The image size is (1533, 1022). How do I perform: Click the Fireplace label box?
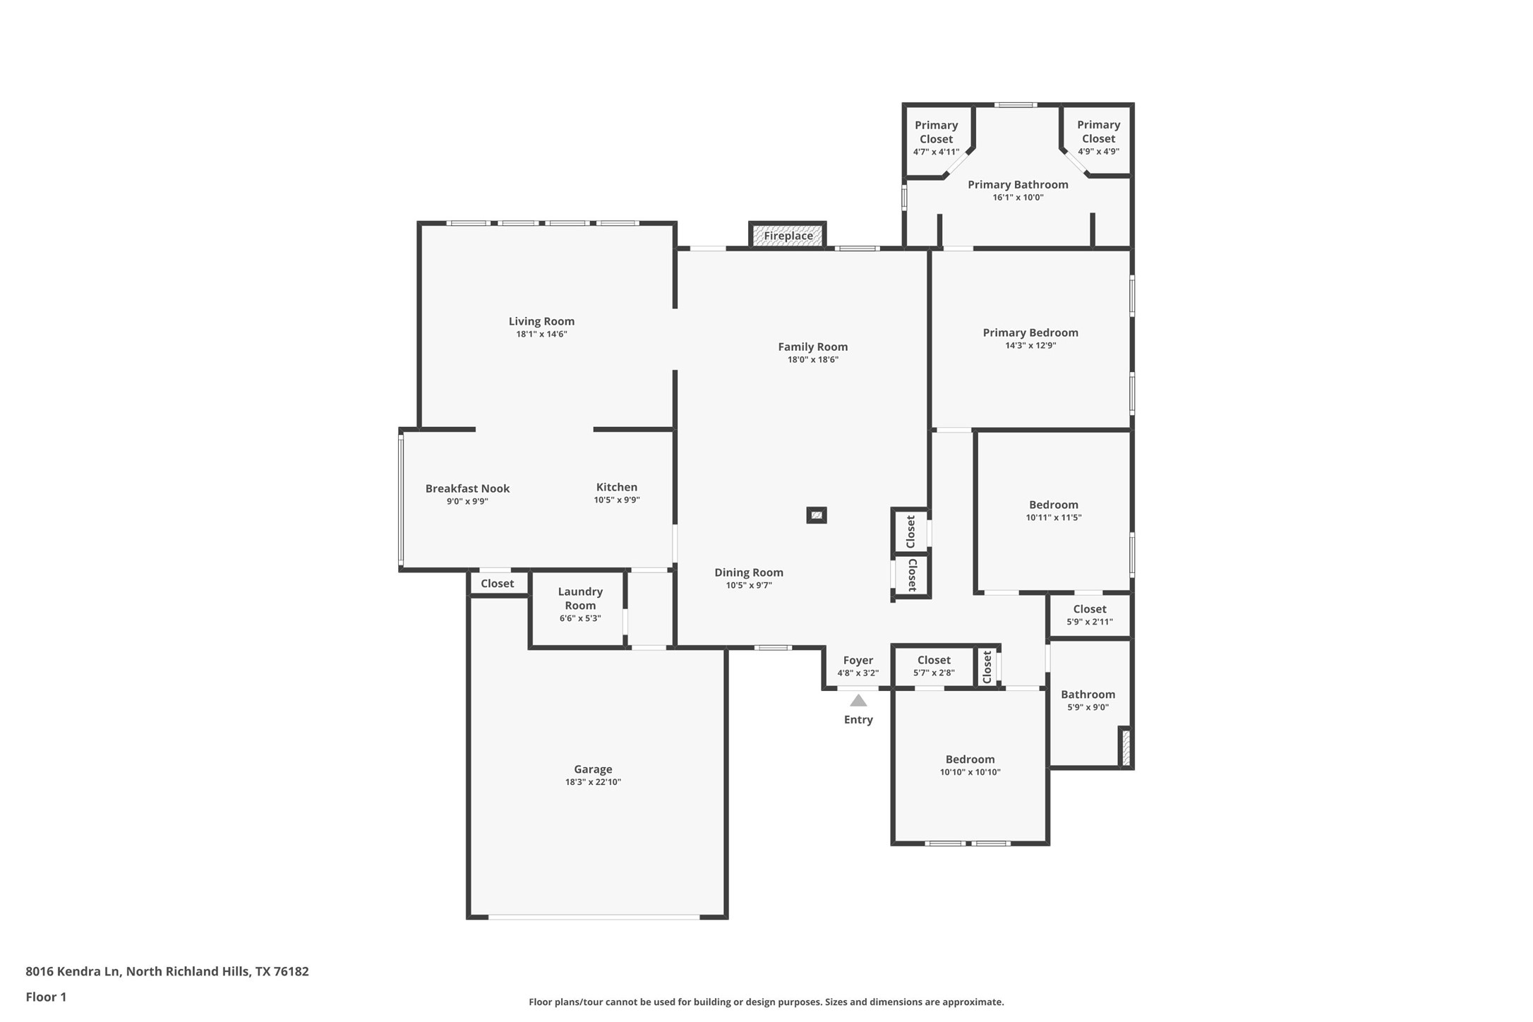click(x=788, y=236)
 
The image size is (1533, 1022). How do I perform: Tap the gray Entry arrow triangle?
click(x=858, y=700)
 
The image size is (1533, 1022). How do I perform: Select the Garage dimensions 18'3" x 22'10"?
click(x=593, y=782)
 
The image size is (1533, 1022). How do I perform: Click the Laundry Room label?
click(x=580, y=599)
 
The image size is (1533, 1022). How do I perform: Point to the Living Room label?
click(x=541, y=321)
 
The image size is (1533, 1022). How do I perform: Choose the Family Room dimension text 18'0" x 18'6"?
click(x=813, y=359)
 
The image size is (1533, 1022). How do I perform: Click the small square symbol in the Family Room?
click(x=817, y=515)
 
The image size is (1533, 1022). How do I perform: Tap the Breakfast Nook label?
click(x=467, y=488)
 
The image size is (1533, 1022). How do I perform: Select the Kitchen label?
click(x=617, y=487)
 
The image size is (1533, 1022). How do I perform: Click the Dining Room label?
click(x=749, y=572)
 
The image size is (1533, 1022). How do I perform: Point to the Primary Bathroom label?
click(x=1018, y=184)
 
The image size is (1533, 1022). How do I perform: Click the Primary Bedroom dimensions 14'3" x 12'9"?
click(x=1030, y=345)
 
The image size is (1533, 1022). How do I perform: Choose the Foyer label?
click(x=858, y=661)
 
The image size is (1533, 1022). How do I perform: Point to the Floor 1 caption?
click(x=46, y=997)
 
